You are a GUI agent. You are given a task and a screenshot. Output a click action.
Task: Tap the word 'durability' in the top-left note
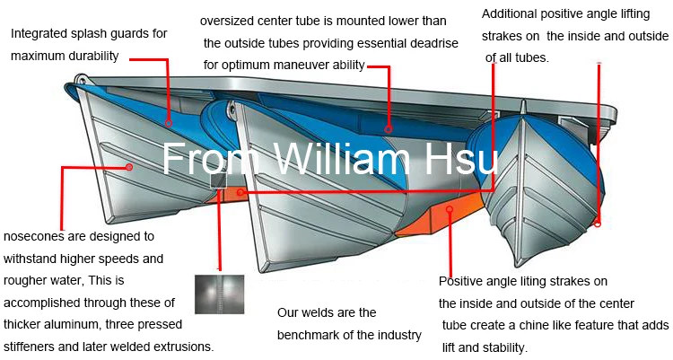click(x=100, y=56)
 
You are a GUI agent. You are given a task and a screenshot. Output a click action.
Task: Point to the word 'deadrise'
click(x=429, y=43)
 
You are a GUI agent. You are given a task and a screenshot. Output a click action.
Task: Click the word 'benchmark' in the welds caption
click(x=310, y=335)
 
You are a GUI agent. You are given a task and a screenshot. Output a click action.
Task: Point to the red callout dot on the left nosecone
click(x=129, y=167)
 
